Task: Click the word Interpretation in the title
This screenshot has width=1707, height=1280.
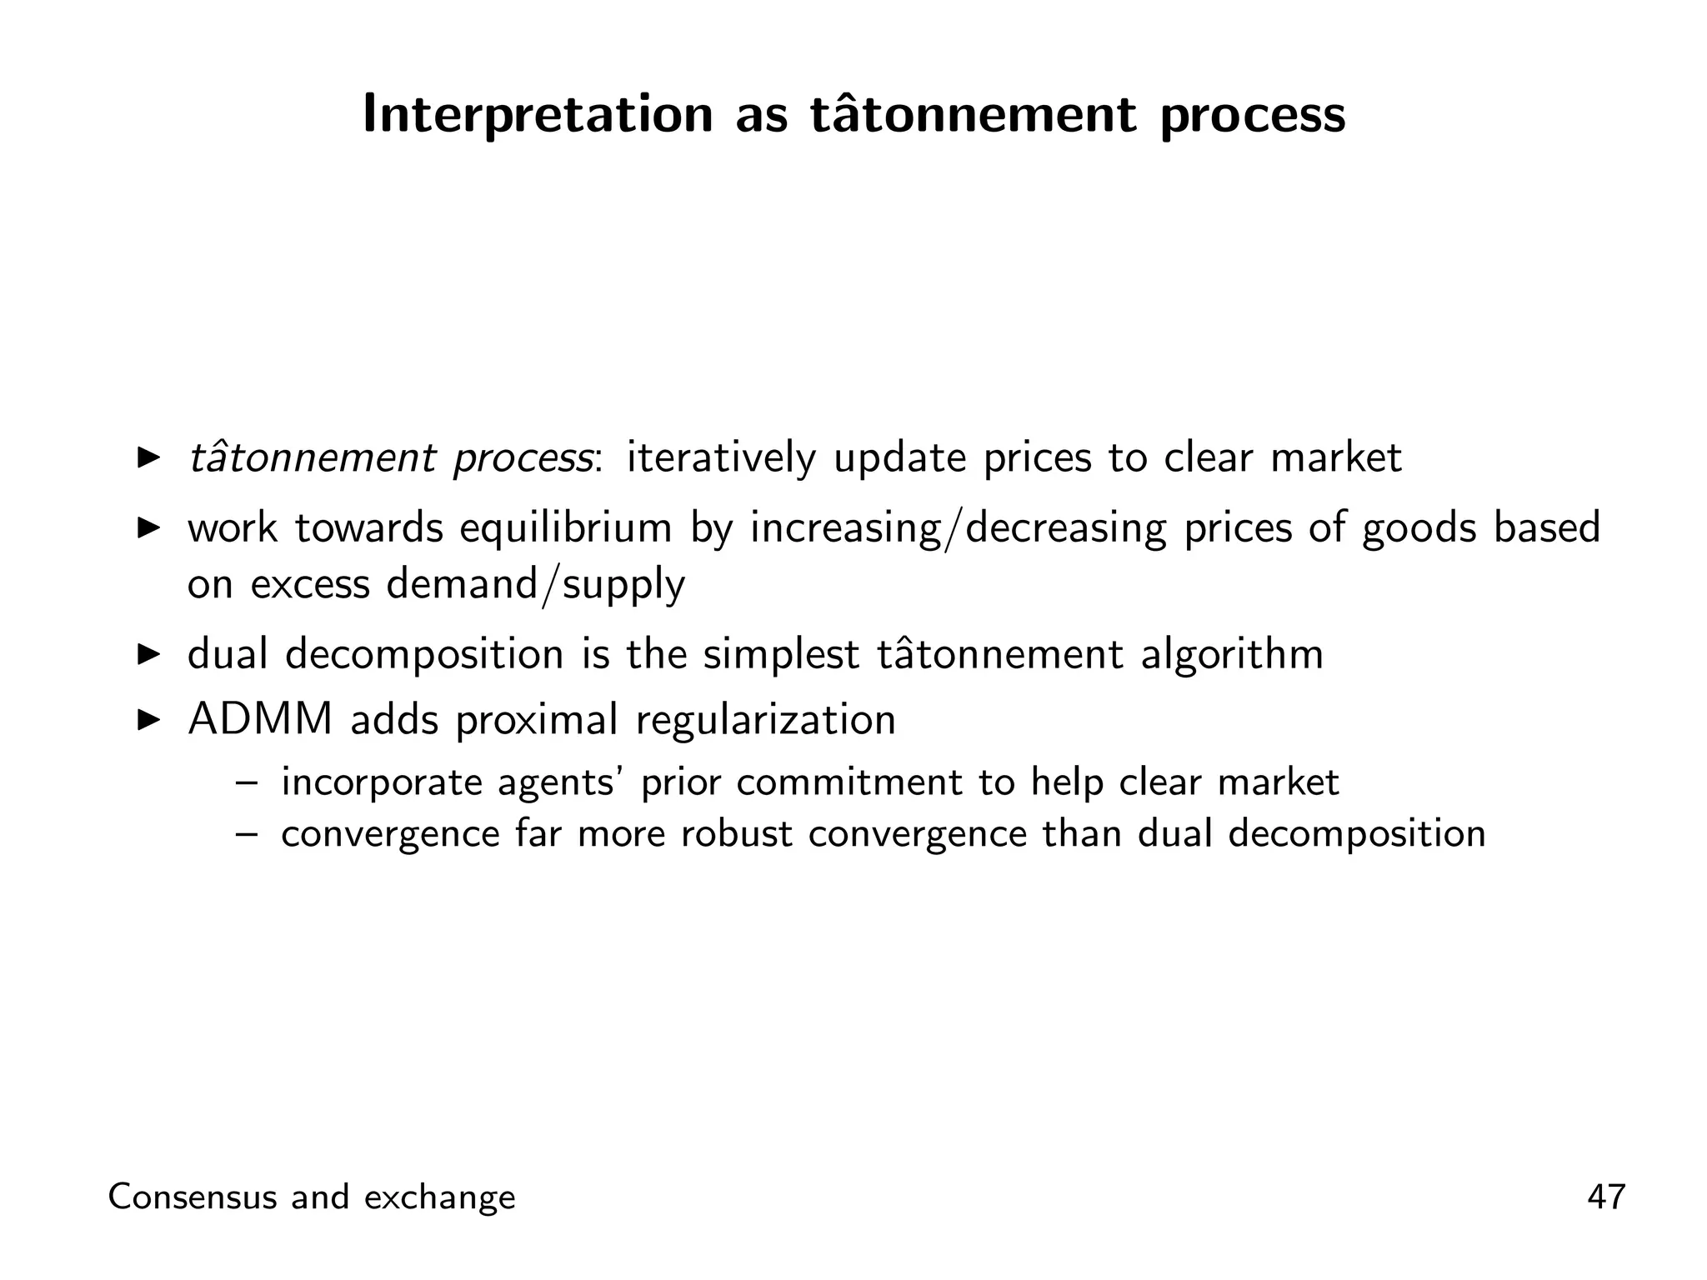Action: point(538,115)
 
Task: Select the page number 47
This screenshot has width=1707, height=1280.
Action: point(1606,1197)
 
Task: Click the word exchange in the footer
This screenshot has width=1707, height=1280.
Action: point(440,1197)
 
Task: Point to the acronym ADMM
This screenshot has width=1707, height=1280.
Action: point(260,719)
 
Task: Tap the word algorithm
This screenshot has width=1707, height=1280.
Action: point(1231,654)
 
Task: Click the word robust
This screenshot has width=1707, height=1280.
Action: point(736,834)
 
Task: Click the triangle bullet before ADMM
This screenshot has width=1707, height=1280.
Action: point(148,719)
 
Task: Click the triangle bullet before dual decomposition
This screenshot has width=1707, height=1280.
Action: point(148,654)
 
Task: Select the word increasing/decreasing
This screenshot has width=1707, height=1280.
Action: point(958,529)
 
